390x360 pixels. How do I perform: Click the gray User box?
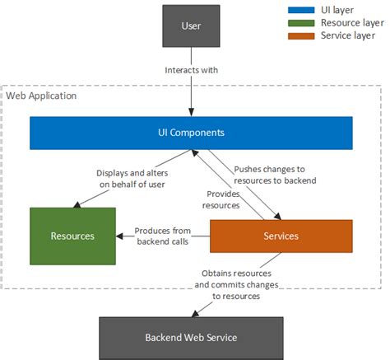coord(191,26)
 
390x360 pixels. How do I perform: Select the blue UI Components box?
coord(191,133)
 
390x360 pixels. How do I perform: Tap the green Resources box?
coord(72,236)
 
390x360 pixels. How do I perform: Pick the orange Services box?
coord(281,236)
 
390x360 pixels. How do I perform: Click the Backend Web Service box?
coord(191,338)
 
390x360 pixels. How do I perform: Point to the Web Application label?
coord(41,96)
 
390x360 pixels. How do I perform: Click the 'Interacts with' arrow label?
coord(192,70)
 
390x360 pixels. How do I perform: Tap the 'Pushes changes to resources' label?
coord(275,175)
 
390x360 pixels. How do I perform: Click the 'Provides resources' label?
coord(221,199)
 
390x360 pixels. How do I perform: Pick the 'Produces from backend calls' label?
coord(163,236)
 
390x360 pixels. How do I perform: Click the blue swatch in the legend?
coord(301,10)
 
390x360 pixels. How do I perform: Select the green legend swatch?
coord(301,23)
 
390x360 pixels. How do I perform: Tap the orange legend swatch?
coord(301,36)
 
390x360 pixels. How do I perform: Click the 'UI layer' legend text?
coord(337,10)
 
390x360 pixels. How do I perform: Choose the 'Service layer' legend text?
coord(348,35)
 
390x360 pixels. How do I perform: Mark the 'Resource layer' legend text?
coord(352,23)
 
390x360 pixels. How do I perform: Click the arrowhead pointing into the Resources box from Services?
coord(119,236)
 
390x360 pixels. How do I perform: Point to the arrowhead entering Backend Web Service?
coord(195,314)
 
